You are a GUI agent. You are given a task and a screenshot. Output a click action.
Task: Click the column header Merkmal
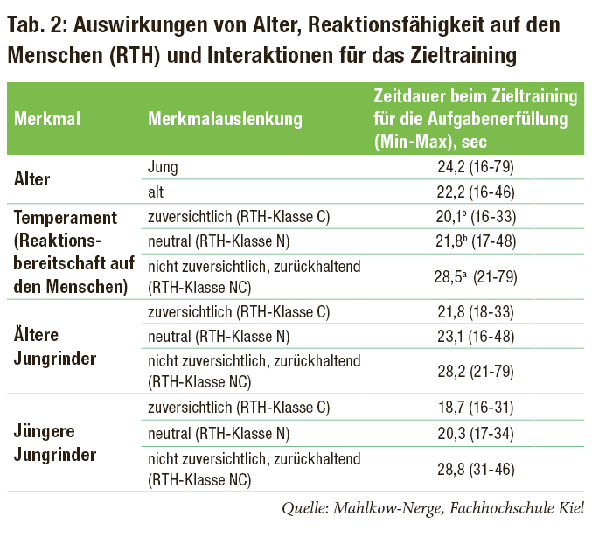click(x=47, y=118)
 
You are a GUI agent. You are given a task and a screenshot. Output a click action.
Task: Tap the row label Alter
click(x=33, y=179)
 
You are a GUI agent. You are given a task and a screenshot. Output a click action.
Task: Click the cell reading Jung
click(x=164, y=166)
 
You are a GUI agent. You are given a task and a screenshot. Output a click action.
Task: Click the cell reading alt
click(x=157, y=191)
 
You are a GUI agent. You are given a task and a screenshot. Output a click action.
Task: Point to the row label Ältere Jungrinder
click(x=54, y=347)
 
